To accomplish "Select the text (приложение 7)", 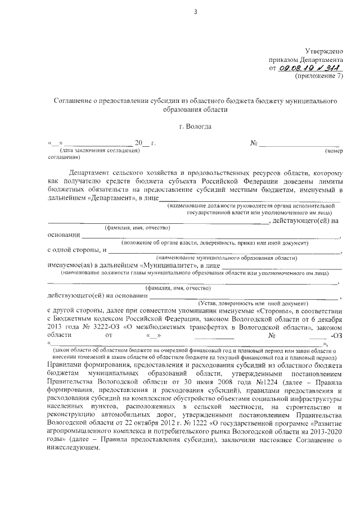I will tap(319, 76).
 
